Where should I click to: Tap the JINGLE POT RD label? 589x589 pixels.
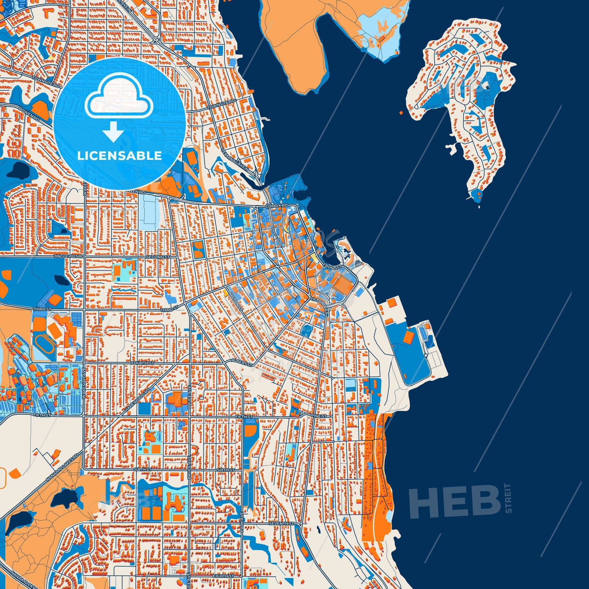[x=69, y=257]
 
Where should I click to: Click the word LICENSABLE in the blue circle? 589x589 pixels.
[x=119, y=156]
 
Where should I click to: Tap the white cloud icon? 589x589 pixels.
[x=119, y=97]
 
